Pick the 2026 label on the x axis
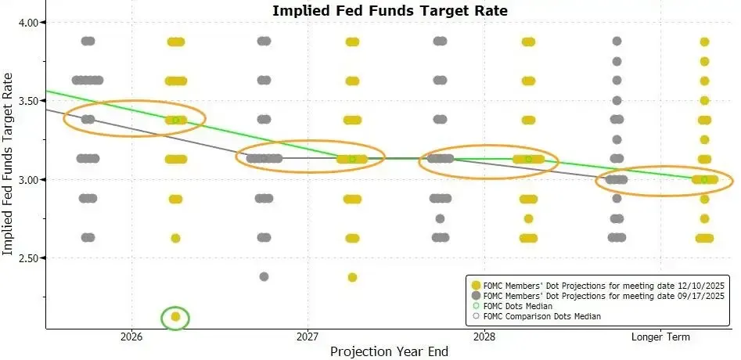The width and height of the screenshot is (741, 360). [x=131, y=337]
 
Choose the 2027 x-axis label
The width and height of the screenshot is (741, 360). [x=308, y=337]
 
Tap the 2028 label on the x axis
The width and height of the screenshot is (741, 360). [x=484, y=337]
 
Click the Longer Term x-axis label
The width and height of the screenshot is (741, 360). [x=660, y=337]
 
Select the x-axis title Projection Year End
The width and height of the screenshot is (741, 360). [x=389, y=351]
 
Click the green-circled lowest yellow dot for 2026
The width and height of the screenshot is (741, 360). [x=176, y=317]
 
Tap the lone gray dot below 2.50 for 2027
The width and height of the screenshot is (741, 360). [x=264, y=276]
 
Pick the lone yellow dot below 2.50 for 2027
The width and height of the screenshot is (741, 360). [x=352, y=277]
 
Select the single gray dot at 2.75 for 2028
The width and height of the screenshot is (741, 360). [x=440, y=218]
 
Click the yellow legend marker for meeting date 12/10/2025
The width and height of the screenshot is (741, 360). [x=475, y=284]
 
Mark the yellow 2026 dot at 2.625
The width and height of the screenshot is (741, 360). [x=175, y=238]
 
